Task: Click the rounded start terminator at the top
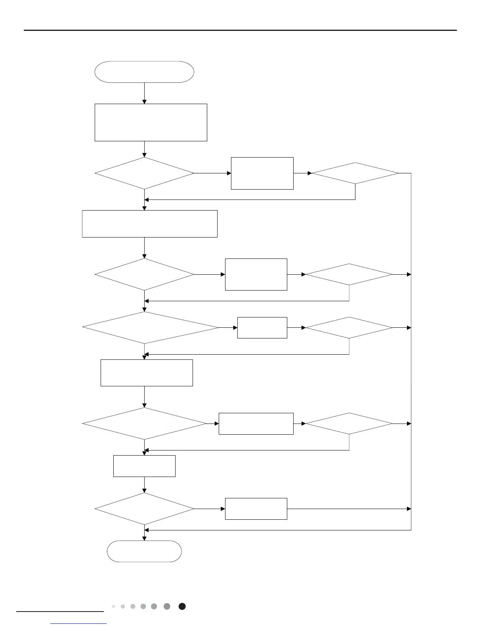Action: pyautogui.click(x=144, y=72)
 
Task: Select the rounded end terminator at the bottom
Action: pyautogui.click(x=144, y=551)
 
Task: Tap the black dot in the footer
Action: pyautogui.click(x=182, y=606)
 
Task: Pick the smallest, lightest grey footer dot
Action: pyautogui.click(x=113, y=606)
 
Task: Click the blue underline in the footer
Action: pyautogui.click(x=79, y=623)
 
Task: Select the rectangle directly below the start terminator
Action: pyautogui.click(x=151, y=122)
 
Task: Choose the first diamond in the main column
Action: pyautogui.click(x=144, y=173)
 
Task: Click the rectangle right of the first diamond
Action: pyautogui.click(x=262, y=173)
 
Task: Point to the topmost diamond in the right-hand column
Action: pyautogui.click(x=355, y=173)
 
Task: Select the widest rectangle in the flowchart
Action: pyautogui.click(x=149, y=224)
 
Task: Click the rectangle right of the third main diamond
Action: pyautogui.click(x=262, y=328)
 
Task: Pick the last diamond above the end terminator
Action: pyautogui.click(x=144, y=509)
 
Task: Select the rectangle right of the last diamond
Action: pyautogui.click(x=256, y=509)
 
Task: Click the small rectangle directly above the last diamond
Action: pyautogui.click(x=144, y=466)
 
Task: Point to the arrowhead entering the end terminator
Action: pyautogui.click(x=144, y=538)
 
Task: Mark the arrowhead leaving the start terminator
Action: pyautogui.click(x=144, y=101)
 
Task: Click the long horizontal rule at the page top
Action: pyautogui.click(x=240, y=30)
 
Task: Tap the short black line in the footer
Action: pyautogui.click(x=60, y=612)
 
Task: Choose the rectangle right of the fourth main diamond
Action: pyautogui.click(x=256, y=424)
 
